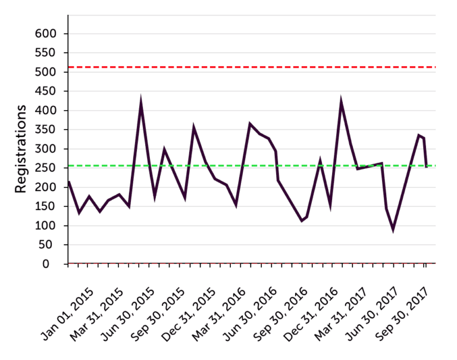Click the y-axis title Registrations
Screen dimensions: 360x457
point(21,149)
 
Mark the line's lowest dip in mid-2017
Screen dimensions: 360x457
point(393,230)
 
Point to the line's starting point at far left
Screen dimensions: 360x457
point(68,181)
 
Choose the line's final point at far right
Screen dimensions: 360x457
point(426,167)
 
